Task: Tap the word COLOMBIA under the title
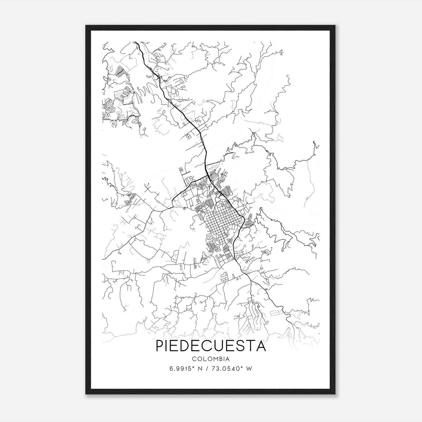[x=211, y=359]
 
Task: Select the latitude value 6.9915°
[x=182, y=369]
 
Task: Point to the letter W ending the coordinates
[x=249, y=369]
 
